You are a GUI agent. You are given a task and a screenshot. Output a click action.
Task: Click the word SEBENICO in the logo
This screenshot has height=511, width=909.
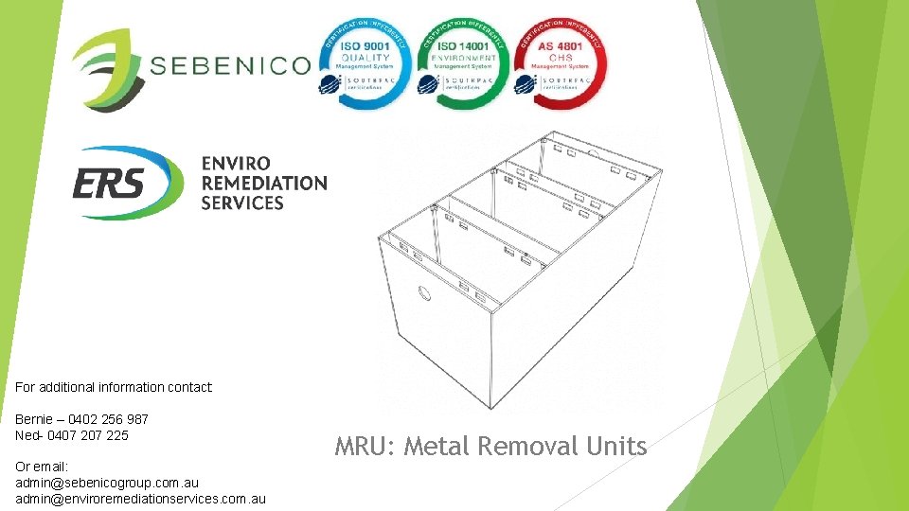[230, 65]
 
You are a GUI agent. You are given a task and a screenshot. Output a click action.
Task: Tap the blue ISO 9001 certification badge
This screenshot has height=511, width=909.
[365, 62]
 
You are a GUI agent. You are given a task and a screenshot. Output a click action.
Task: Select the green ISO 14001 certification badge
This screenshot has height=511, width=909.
[463, 62]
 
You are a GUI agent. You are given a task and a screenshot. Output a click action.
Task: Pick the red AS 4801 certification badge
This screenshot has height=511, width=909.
[561, 62]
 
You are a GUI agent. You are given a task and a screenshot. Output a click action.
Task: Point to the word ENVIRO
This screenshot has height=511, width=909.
[236, 164]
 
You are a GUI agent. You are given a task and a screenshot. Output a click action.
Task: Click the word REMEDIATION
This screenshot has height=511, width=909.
[264, 184]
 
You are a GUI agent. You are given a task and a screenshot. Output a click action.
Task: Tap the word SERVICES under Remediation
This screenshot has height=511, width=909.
[242, 203]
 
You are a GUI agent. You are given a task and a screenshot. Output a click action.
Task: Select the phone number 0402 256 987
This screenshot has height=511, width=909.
[108, 418]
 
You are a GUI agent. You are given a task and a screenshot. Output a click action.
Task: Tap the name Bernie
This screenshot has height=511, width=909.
[35, 418]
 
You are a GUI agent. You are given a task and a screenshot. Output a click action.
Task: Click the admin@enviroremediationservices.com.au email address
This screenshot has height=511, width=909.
[141, 499]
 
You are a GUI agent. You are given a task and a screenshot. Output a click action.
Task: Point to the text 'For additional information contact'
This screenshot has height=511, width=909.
[114, 387]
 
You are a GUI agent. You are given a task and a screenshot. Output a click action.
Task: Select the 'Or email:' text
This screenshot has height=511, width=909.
[43, 465]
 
